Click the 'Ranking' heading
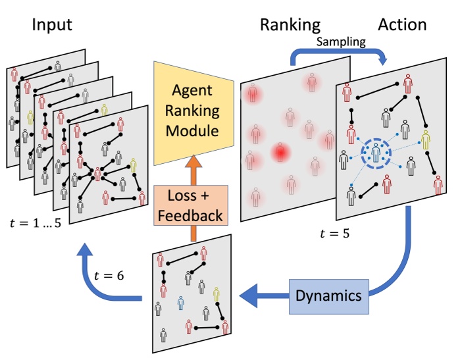(x=290, y=25)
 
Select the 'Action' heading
(x=401, y=25)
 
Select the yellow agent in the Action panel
(x=426, y=140)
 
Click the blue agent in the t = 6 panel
(x=181, y=302)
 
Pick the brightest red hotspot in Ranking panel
(x=282, y=153)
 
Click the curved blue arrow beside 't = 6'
(x=99, y=276)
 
